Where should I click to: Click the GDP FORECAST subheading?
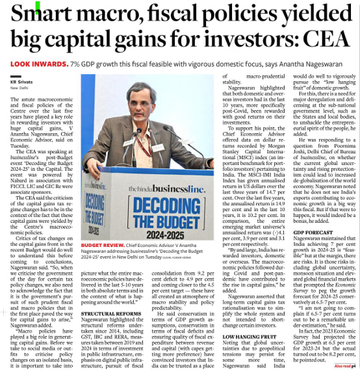click(312, 231)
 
